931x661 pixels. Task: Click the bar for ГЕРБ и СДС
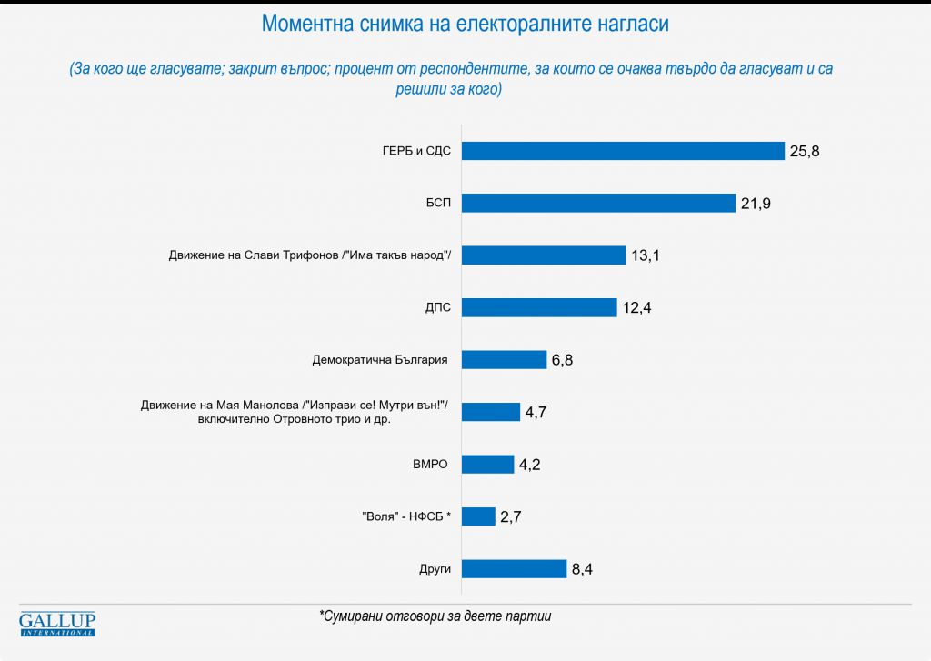[623, 151]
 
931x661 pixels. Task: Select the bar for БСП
[598, 203]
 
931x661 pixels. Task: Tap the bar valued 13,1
[544, 255]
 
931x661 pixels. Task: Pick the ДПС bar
[539, 307]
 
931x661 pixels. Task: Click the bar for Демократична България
[504, 360]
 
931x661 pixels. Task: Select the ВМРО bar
[487, 465]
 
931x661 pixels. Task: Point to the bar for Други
[514, 569]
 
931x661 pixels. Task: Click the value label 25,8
[805, 151]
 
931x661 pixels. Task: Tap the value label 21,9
[756, 203]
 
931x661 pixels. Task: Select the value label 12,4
[636, 307]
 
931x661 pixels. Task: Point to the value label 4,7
[536, 412]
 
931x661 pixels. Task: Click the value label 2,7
[510, 516]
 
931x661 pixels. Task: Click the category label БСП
[436, 203]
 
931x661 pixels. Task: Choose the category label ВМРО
[432, 465]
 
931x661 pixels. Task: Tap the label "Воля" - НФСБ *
[406, 516]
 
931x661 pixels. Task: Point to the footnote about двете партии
[435, 616]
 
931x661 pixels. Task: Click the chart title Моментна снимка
[465, 25]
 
